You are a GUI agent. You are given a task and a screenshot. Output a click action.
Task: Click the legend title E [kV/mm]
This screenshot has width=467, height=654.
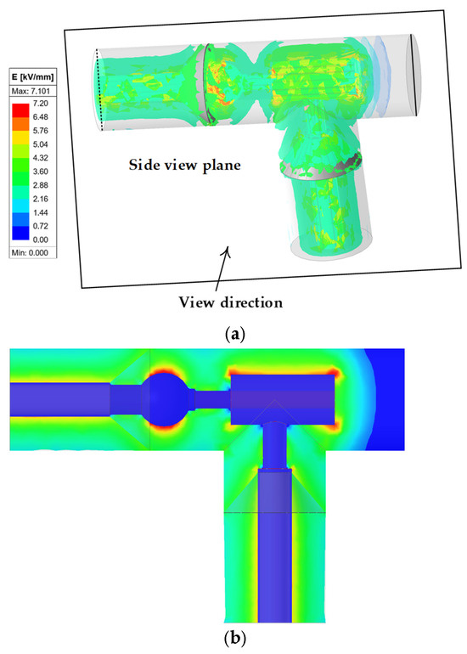[32, 77]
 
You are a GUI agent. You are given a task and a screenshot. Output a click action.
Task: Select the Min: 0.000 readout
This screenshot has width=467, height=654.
[30, 252]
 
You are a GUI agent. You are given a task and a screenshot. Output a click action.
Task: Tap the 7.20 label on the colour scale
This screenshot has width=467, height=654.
[41, 104]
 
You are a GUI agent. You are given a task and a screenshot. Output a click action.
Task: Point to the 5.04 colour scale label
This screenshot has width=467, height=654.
[41, 144]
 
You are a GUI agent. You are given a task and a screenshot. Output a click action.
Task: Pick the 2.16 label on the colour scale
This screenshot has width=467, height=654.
[41, 199]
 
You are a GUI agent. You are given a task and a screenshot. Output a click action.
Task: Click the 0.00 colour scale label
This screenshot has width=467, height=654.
[41, 240]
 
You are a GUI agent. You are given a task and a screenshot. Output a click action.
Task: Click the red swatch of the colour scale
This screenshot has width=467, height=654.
[21, 110]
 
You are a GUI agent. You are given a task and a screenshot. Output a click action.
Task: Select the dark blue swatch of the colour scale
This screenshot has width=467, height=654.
[21, 233]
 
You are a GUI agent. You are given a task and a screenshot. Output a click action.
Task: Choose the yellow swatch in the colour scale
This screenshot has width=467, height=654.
[21, 138]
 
